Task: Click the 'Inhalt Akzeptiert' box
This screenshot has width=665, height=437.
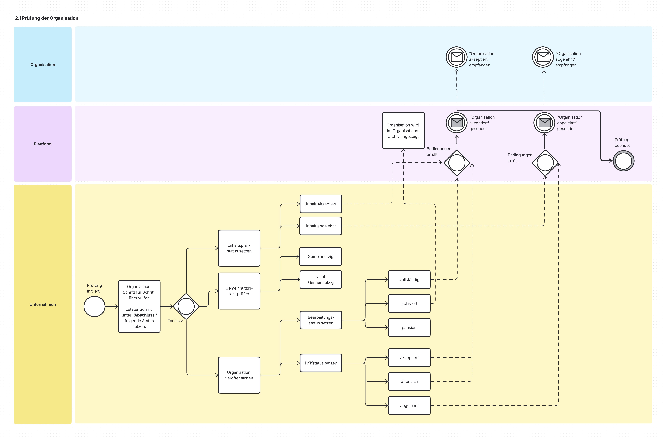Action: pos(321,204)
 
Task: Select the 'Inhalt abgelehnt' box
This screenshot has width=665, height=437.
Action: pos(321,226)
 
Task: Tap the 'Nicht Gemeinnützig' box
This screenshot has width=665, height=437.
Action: pos(321,280)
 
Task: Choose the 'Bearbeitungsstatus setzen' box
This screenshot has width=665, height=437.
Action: pos(321,320)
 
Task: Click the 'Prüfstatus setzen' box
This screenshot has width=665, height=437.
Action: pos(321,363)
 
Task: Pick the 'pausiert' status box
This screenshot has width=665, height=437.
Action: pos(409,328)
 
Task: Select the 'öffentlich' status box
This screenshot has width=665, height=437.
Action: pos(409,381)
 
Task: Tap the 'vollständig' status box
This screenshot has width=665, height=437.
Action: pos(409,280)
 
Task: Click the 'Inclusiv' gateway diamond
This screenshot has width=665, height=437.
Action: pos(186,306)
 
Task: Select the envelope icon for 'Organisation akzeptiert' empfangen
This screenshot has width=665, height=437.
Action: pos(457,57)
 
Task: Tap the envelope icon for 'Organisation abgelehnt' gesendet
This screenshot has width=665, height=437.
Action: pos(544,123)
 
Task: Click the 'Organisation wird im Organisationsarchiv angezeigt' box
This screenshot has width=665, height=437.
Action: pos(403,131)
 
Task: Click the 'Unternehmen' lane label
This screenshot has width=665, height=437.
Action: pos(43,304)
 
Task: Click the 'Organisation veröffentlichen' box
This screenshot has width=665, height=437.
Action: pos(239,375)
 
